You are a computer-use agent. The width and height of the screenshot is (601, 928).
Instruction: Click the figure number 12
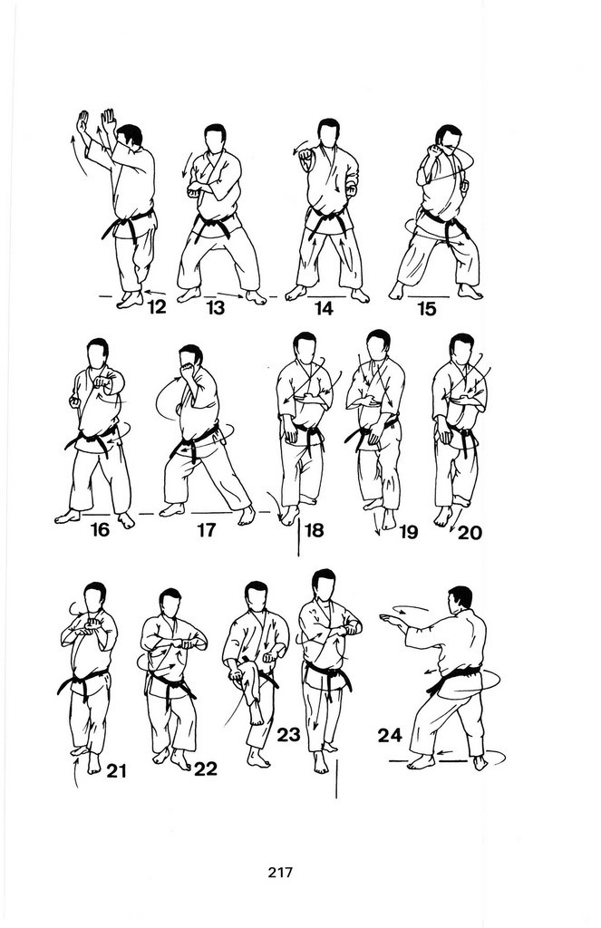[157, 307]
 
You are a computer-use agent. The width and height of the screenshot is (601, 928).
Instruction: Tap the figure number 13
[216, 308]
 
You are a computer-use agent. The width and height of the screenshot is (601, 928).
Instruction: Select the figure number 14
[324, 308]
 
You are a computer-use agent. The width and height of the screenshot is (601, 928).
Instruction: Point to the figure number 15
[426, 308]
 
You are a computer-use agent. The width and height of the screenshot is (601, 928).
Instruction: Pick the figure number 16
[100, 528]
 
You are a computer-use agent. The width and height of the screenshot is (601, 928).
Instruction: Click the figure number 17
[206, 529]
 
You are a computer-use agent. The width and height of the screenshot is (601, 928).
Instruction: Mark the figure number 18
[314, 529]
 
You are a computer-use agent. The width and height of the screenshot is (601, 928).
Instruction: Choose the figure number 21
[117, 770]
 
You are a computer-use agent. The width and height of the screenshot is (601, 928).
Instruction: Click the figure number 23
[288, 734]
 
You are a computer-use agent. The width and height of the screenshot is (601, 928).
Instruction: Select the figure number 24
[390, 735]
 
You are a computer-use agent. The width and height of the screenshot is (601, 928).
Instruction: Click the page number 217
[280, 872]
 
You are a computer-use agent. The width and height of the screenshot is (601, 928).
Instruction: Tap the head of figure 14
[328, 133]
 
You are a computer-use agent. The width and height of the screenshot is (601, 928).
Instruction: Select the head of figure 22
[170, 603]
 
